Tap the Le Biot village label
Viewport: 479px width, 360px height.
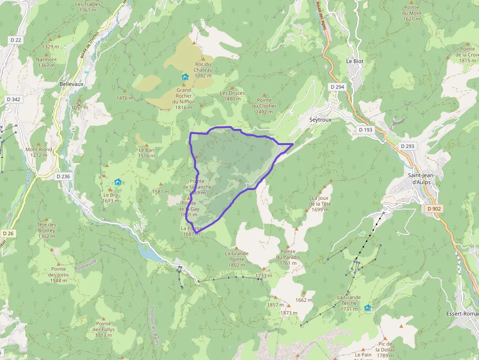(354, 61)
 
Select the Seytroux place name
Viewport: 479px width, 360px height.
(320, 119)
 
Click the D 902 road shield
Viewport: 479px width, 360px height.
(434, 209)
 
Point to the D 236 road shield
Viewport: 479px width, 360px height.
(63, 176)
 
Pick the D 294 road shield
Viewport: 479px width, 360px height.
(337, 86)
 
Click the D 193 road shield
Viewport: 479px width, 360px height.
(365, 130)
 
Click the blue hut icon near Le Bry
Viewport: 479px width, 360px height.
(118, 182)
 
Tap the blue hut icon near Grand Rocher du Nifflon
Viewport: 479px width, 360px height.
(185, 77)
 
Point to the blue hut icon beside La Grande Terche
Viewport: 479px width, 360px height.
(367, 308)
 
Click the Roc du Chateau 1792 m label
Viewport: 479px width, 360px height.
(203, 70)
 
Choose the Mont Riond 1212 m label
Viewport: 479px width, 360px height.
(39, 152)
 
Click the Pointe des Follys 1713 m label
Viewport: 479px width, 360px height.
(104, 330)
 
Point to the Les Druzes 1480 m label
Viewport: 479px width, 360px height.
(232, 96)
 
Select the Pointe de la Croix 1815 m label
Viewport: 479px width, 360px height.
(467, 55)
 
